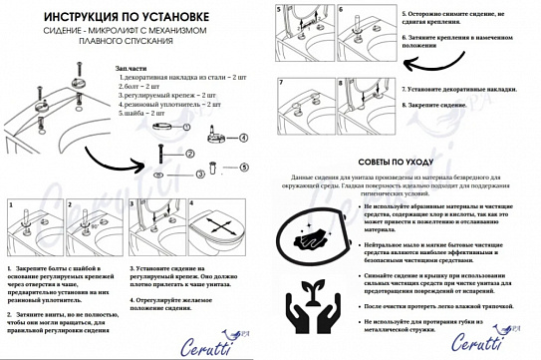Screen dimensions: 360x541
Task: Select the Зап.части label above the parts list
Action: pos(130,67)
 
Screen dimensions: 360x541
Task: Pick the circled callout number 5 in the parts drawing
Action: pos(242,166)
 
